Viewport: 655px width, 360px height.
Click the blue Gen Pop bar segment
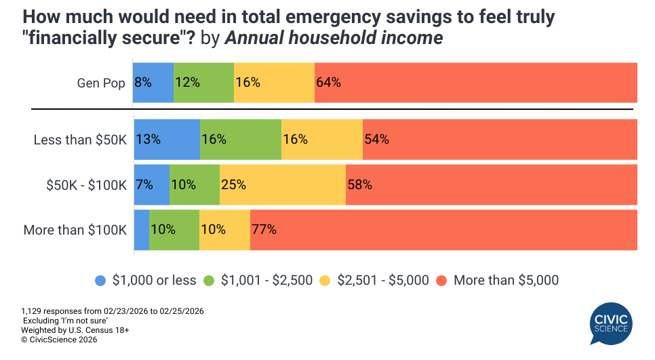pyautogui.click(x=153, y=83)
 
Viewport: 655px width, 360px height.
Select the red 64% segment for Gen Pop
pyautogui.click(x=475, y=83)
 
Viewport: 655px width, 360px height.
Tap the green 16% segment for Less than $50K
pyautogui.click(x=241, y=139)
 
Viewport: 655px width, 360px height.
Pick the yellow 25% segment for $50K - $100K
pyautogui.click(x=282, y=184)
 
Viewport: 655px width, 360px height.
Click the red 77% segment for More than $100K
pyautogui.click(x=443, y=230)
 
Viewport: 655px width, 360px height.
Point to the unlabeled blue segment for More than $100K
pyautogui.click(x=142, y=230)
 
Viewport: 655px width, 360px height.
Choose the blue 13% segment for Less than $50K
pyautogui.click(x=167, y=139)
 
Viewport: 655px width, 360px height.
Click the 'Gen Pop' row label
pyautogui.click(x=101, y=83)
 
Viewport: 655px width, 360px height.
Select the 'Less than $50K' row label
pyautogui.click(x=80, y=140)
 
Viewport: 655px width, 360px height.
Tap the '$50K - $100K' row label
pyautogui.click(x=85, y=184)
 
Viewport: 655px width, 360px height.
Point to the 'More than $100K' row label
pyautogui.click(x=75, y=230)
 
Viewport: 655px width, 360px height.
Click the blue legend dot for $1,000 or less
pyautogui.click(x=100, y=280)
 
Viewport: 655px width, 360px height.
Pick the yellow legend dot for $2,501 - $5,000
pyautogui.click(x=327, y=280)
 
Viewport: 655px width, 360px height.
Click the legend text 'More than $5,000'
pyautogui.click(x=506, y=280)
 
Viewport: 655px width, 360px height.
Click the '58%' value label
pyautogui.click(x=359, y=184)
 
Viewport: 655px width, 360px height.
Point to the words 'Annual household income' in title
pyautogui.click(x=333, y=39)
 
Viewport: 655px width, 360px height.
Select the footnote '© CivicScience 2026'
pyautogui.click(x=59, y=340)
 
